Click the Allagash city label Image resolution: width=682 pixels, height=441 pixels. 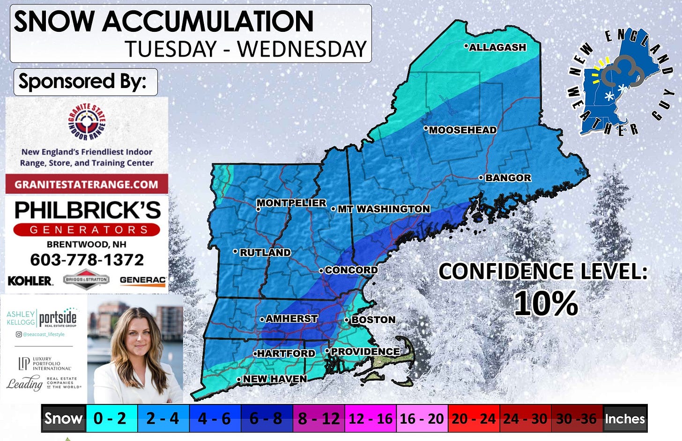click(497, 47)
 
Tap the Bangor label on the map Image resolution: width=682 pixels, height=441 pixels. click(508, 178)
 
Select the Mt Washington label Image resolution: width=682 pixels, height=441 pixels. click(383, 209)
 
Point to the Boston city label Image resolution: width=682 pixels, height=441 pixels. click(373, 320)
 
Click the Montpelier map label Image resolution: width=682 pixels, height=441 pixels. click(291, 203)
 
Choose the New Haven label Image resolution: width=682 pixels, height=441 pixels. click(274, 379)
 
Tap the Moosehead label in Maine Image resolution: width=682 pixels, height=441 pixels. click(462, 130)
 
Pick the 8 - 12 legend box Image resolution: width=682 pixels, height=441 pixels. click(319, 418)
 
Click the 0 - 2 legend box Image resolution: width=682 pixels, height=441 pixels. click(111, 418)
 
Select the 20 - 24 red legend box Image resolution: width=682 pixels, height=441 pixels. click(474, 418)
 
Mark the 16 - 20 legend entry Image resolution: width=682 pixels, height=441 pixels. click(422, 418)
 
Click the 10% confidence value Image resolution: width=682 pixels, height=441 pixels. click(546, 303)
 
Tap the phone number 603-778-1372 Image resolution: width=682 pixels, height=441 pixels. click(87, 260)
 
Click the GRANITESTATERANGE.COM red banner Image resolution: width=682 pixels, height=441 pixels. click(87, 184)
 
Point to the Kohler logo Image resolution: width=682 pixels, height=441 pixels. click(30, 280)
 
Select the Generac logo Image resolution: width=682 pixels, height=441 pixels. click(142, 280)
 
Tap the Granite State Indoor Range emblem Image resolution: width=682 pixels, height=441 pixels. click(87, 122)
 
